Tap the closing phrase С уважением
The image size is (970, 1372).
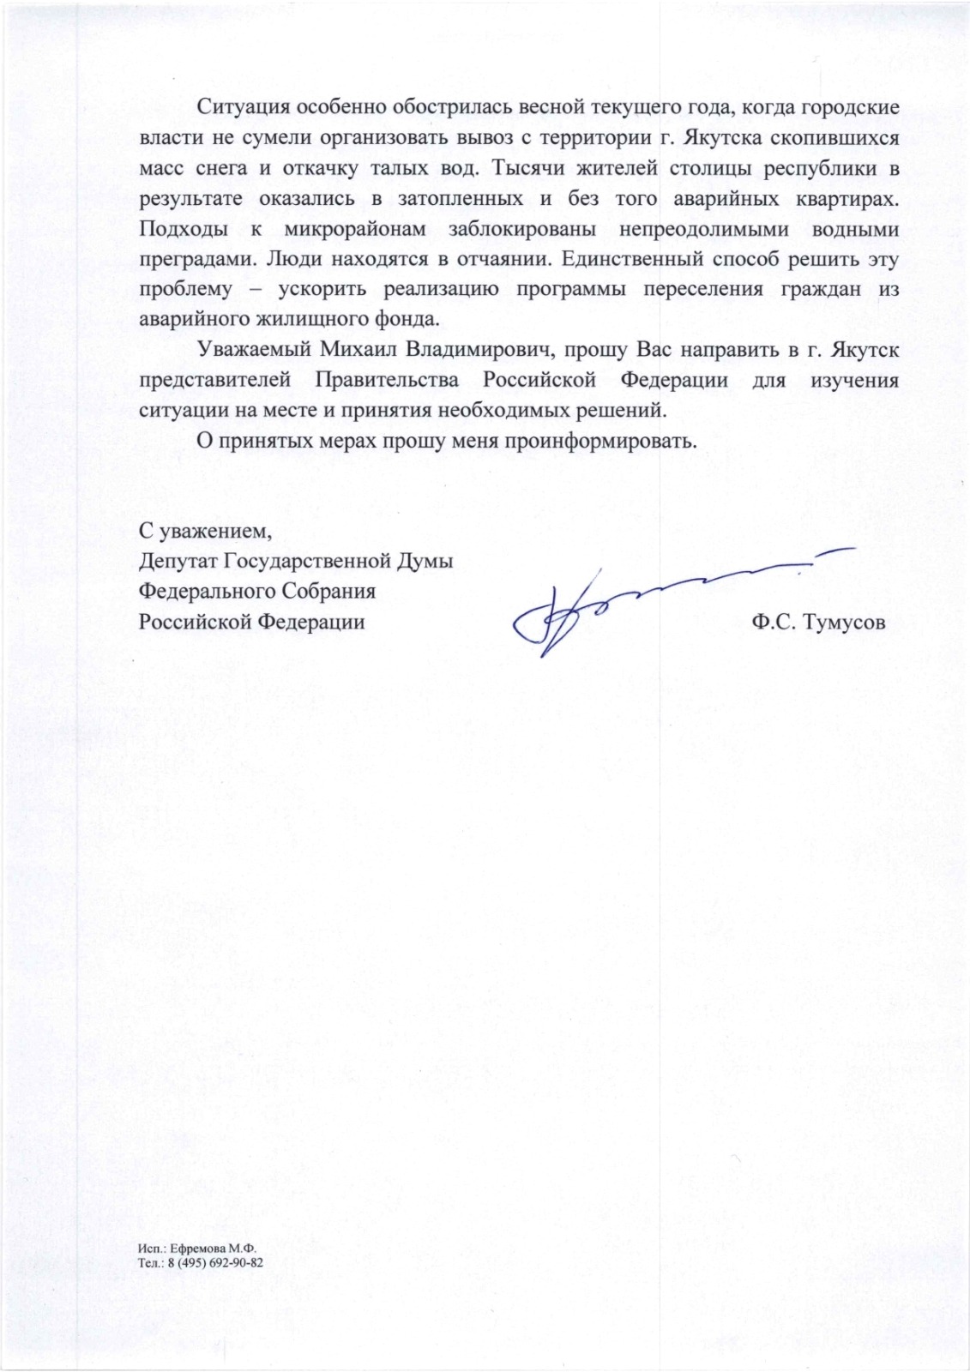click(205, 532)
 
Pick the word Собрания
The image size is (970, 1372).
click(330, 592)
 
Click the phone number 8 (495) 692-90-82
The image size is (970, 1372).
click(214, 1263)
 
